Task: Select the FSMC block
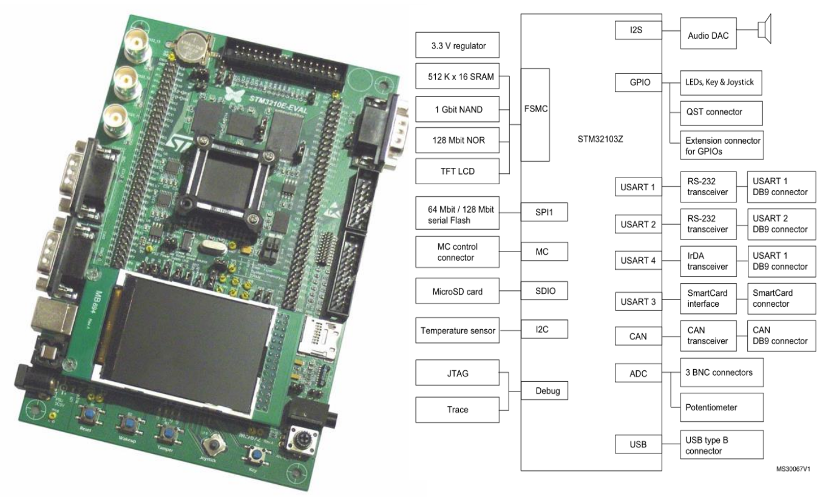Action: pyautogui.click(x=535, y=115)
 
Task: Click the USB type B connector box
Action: pyautogui.click(x=720, y=445)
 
